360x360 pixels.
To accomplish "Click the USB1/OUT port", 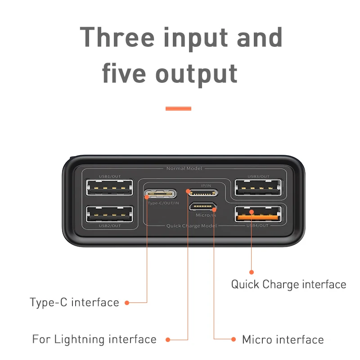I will pos(109,187).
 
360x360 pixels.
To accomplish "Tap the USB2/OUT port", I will pos(109,214).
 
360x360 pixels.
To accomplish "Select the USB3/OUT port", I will pos(258,187).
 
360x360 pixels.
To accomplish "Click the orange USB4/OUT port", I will pos(258,214).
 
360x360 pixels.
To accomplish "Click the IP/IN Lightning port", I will pos(203,193).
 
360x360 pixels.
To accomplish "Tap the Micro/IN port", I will pos(203,207).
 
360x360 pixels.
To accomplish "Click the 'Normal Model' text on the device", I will pos(184,168).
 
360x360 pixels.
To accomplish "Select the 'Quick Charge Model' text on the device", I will pos(191,225).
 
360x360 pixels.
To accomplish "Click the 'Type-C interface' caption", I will pos(75,302).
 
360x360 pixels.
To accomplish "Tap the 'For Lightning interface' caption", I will pos(94,339).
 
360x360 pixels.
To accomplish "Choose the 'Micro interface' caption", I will pos(283,339).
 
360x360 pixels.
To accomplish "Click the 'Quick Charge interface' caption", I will pos(288,284).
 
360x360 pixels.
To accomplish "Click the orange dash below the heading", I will pos(178,108).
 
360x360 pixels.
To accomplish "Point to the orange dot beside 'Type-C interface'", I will pos(127,302).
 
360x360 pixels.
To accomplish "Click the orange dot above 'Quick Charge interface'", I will pos(252,272).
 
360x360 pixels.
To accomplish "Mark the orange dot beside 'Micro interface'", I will pos(233,339).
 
